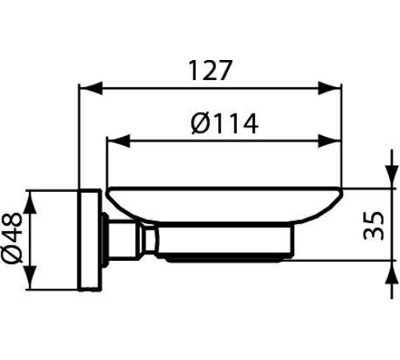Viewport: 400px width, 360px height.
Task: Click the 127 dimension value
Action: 211,70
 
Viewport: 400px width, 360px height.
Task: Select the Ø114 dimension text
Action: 225,124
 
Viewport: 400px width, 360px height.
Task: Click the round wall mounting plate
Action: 90,240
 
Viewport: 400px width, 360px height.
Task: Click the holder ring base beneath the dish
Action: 232,244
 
